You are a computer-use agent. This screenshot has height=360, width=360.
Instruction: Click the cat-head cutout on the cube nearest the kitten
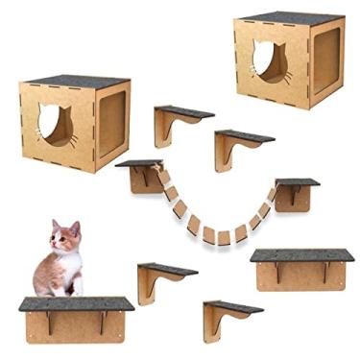pyautogui.click(x=54, y=124)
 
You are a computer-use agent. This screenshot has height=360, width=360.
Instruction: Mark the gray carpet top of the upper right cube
pyautogui.click(x=288, y=17)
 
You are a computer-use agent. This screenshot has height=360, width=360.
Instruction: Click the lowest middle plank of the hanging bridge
pyautogui.click(x=223, y=236)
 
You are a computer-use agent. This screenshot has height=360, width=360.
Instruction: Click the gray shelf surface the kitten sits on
pyautogui.click(x=77, y=303)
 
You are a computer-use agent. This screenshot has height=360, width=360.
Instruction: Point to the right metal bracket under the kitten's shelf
pyautogui.click(x=103, y=322)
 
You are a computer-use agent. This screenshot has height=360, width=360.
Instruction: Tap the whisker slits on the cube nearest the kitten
pyautogui.click(x=73, y=139)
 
